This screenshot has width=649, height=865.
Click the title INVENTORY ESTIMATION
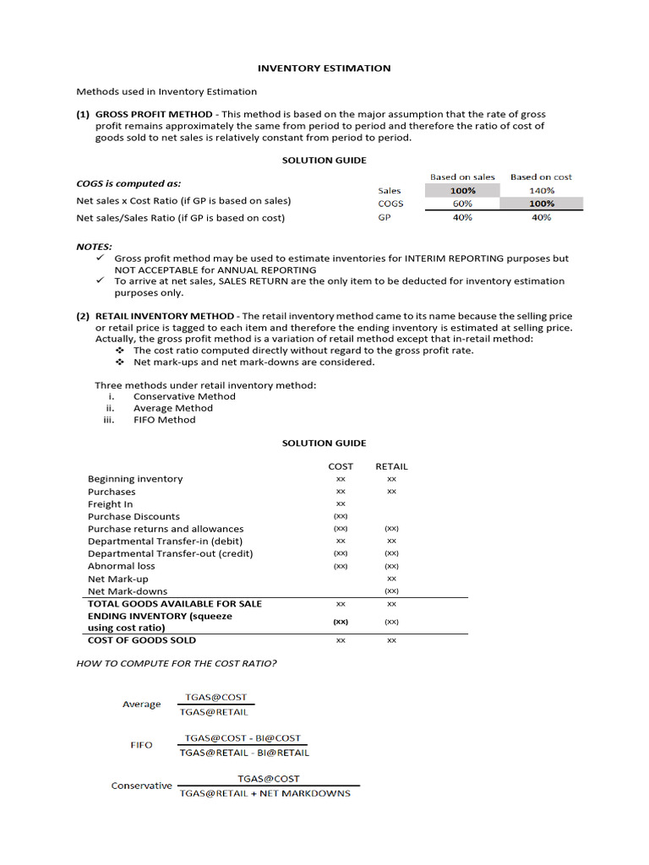pyautogui.click(x=324, y=68)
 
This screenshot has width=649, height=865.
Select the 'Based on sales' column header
pyautogui.click(x=462, y=177)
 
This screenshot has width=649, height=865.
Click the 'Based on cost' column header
pyautogui.click(x=541, y=177)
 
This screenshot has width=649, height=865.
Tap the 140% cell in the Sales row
pyautogui.click(x=541, y=191)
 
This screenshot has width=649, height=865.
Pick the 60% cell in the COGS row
pyautogui.click(x=462, y=204)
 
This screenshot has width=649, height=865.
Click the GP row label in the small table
pyautogui.click(x=384, y=217)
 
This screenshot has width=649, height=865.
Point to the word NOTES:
pyautogui.click(x=94, y=247)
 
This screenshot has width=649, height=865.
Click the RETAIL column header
pyautogui.click(x=391, y=466)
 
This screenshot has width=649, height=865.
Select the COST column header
pyautogui.click(x=341, y=466)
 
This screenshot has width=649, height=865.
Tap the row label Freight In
pyautogui.click(x=111, y=504)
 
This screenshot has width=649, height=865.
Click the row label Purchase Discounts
pyautogui.click(x=134, y=516)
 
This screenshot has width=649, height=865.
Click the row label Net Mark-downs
pyautogui.click(x=128, y=591)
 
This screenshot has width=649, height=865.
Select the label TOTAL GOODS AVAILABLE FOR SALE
pyautogui.click(x=175, y=604)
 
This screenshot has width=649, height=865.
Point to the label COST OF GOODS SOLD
pyautogui.click(x=142, y=640)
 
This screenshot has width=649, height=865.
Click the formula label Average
pyautogui.click(x=141, y=705)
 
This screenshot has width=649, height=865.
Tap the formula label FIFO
pyautogui.click(x=141, y=745)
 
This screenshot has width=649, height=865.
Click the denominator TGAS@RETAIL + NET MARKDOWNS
pyautogui.click(x=265, y=793)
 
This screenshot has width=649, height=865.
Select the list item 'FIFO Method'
pyautogui.click(x=164, y=420)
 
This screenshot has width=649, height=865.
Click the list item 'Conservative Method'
pyautogui.click(x=184, y=396)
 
